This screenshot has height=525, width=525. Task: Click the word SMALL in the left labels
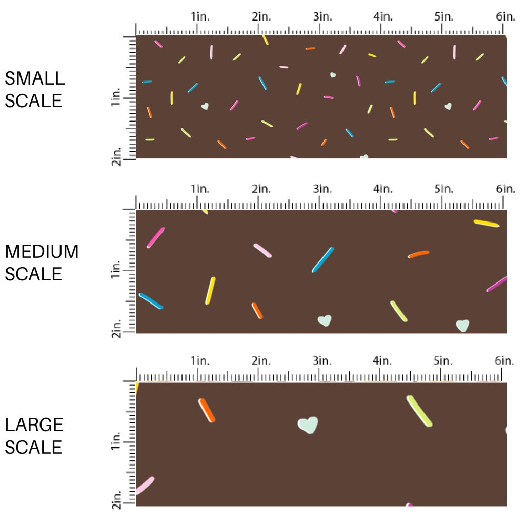tap(35, 78)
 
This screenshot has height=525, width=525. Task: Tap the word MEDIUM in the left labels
tap(42, 252)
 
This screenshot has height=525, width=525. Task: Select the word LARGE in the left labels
tap(34, 425)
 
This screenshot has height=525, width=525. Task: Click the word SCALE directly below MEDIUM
tap(33, 274)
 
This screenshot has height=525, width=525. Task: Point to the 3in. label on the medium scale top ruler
tap(321, 189)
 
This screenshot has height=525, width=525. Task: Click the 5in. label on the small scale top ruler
tap(444, 16)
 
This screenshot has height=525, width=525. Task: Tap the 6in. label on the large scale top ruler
tap(505, 361)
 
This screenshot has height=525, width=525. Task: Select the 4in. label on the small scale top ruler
tap(382, 16)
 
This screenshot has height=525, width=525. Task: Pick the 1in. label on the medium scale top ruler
tap(200, 189)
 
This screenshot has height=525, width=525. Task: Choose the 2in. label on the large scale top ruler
tap(261, 361)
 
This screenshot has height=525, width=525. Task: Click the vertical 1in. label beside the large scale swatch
tap(116, 442)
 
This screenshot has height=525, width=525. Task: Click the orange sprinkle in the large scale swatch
tap(207, 410)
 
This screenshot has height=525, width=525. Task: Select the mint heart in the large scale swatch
tap(308, 425)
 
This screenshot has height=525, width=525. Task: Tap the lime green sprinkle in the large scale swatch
tap(419, 411)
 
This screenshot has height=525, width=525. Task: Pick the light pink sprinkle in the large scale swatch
tap(145, 485)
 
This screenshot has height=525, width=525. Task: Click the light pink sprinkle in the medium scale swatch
tap(262, 250)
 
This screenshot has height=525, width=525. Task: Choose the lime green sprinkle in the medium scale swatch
tap(399, 311)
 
